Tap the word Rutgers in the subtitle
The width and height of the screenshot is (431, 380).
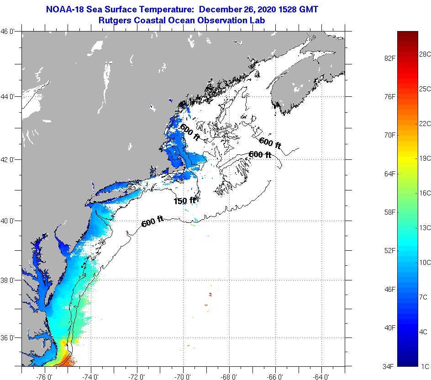coord(114,21)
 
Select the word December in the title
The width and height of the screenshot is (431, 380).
coord(220,9)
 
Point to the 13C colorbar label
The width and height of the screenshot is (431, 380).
coord(425,228)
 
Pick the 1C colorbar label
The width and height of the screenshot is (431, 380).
coord(425,366)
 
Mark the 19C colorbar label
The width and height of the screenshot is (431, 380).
coord(425,158)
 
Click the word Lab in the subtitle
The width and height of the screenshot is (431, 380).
coord(258,21)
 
